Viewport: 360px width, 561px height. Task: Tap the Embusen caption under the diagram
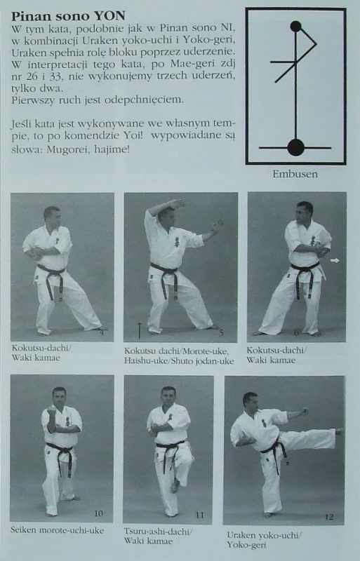295,174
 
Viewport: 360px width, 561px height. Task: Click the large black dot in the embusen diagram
295,147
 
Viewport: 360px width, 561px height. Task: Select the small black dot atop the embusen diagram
295,26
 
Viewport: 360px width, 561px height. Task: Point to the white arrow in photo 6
335,261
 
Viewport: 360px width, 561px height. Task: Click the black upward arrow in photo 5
140,330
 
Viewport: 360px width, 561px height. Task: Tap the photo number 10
98,513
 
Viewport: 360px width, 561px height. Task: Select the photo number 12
329,517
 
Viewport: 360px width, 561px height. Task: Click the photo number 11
199,515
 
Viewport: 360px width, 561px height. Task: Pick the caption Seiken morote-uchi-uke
58,530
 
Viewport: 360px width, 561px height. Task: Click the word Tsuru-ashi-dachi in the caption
156,532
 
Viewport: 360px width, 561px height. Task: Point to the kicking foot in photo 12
338,431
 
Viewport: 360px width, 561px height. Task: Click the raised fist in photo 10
53,410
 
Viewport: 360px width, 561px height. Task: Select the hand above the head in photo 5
178,203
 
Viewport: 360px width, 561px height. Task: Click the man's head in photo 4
52,216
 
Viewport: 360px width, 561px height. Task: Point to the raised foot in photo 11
175,486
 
